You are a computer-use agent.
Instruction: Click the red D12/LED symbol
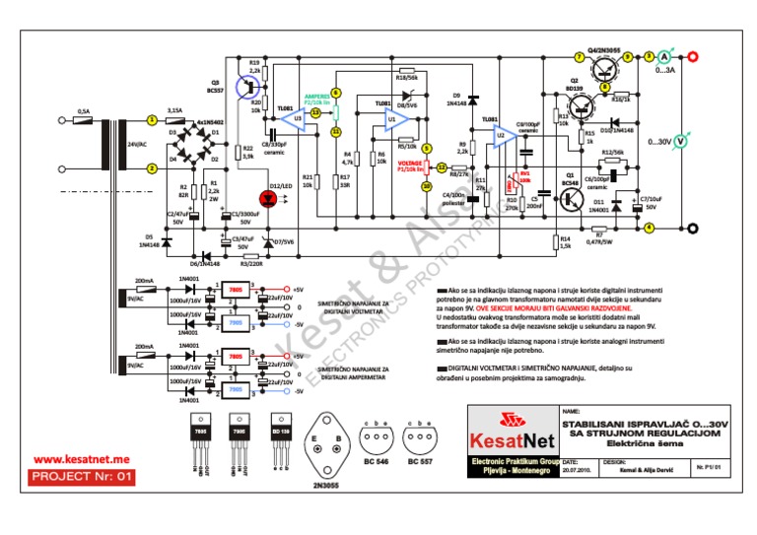coord(276,195)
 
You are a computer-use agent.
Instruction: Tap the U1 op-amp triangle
coord(394,120)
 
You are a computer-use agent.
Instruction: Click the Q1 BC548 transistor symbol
coord(571,198)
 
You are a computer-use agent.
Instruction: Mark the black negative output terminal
coord(693,230)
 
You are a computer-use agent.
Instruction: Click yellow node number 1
coord(151,119)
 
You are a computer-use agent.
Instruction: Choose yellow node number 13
coord(315,113)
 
